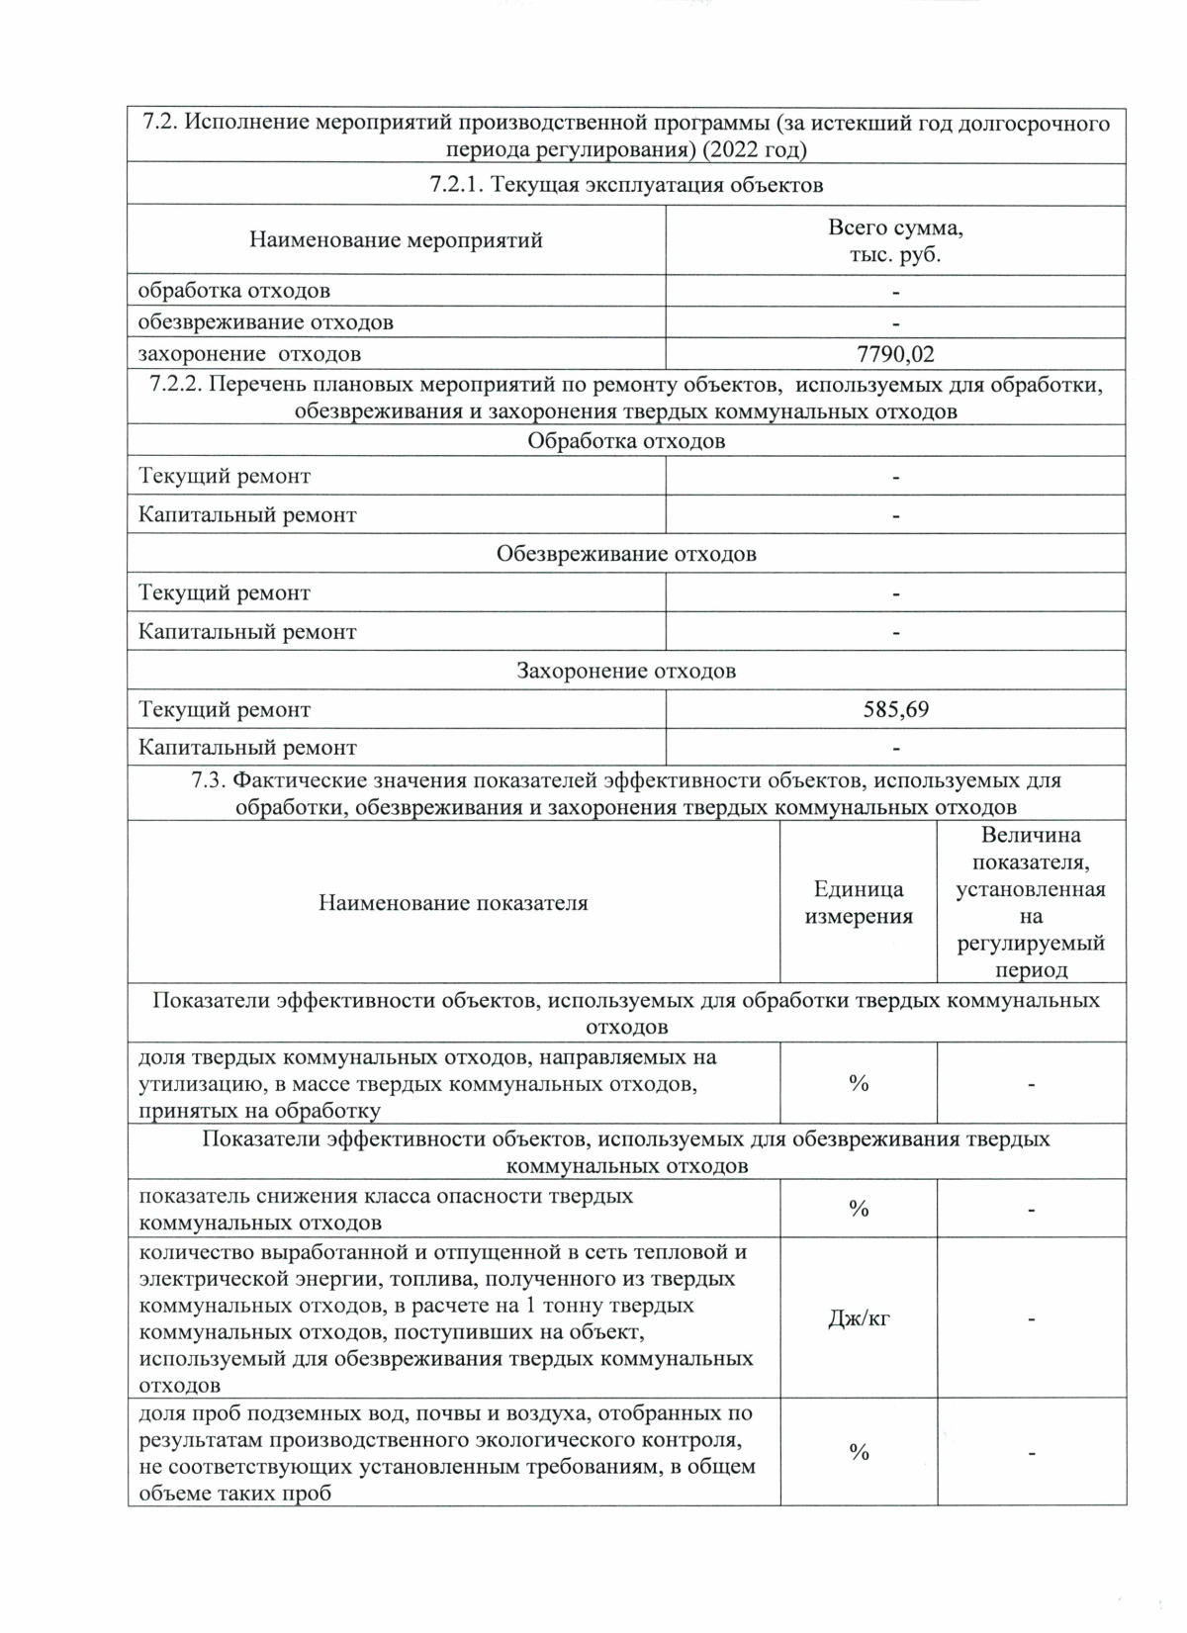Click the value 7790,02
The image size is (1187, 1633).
(895, 353)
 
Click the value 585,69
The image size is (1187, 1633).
(895, 709)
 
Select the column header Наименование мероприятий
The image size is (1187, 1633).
(396, 240)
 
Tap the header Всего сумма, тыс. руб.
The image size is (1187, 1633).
(895, 240)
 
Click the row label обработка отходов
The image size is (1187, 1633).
(234, 291)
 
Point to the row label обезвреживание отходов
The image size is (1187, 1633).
(265, 322)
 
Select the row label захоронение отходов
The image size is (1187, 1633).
(249, 354)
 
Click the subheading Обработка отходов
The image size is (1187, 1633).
(626, 441)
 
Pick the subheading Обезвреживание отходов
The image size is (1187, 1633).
(626, 554)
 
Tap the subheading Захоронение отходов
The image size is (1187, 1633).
(626, 671)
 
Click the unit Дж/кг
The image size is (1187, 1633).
(858, 1317)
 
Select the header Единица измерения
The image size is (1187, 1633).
(858, 902)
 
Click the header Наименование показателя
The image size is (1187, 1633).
(453, 902)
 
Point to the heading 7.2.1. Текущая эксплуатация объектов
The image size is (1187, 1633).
(626, 185)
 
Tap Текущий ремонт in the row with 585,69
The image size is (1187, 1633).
(225, 709)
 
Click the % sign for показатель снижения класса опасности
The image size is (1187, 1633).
(858, 1209)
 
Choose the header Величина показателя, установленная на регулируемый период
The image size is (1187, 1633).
(1031, 902)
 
